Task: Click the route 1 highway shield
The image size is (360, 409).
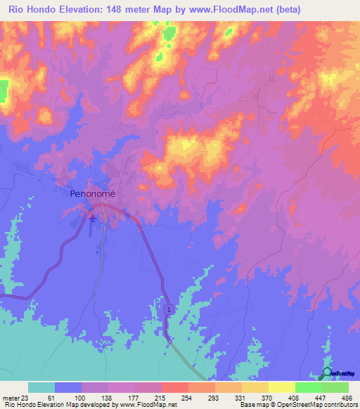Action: pyautogui.click(x=169, y=309)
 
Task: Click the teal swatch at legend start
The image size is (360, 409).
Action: pyautogui.click(x=41, y=387)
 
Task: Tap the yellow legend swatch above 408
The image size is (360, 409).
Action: pyautogui.click(x=281, y=387)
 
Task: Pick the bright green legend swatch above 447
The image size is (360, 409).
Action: pyautogui.click(x=308, y=387)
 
